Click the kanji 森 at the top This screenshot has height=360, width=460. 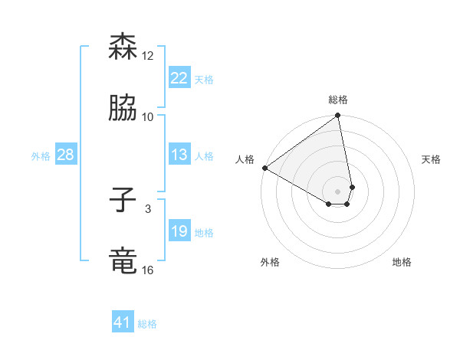pyautogui.click(x=123, y=47)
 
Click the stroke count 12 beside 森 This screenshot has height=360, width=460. pyautogui.click(x=148, y=56)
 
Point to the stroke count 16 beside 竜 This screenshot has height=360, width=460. pyautogui.click(x=148, y=270)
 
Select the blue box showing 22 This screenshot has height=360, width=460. pyautogui.click(x=179, y=78)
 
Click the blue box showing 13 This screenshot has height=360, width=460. pyautogui.click(x=179, y=155)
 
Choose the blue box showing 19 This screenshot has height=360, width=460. pyautogui.click(x=179, y=231)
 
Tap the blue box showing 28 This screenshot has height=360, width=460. pyautogui.click(x=65, y=155)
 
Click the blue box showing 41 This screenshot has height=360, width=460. pyautogui.click(x=123, y=322)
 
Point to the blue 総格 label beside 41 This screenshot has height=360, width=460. pyautogui.click(x=147, y=324)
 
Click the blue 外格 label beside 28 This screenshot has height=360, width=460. pyautogui.click(x=41, y=156)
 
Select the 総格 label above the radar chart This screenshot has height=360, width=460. pyautogui.click(x=338, y=100)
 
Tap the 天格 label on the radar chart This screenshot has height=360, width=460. pyautogui.click(x=431, y=159)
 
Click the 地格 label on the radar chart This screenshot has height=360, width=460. pyautogui.click(x=402, y=262)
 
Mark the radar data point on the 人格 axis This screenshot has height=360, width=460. pyautogui.click(x=264, y=168)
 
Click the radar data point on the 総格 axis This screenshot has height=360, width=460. pyautogui.click(x=338, y=116)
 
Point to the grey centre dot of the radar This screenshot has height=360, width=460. pyautogui.click(x=338, y=191)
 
